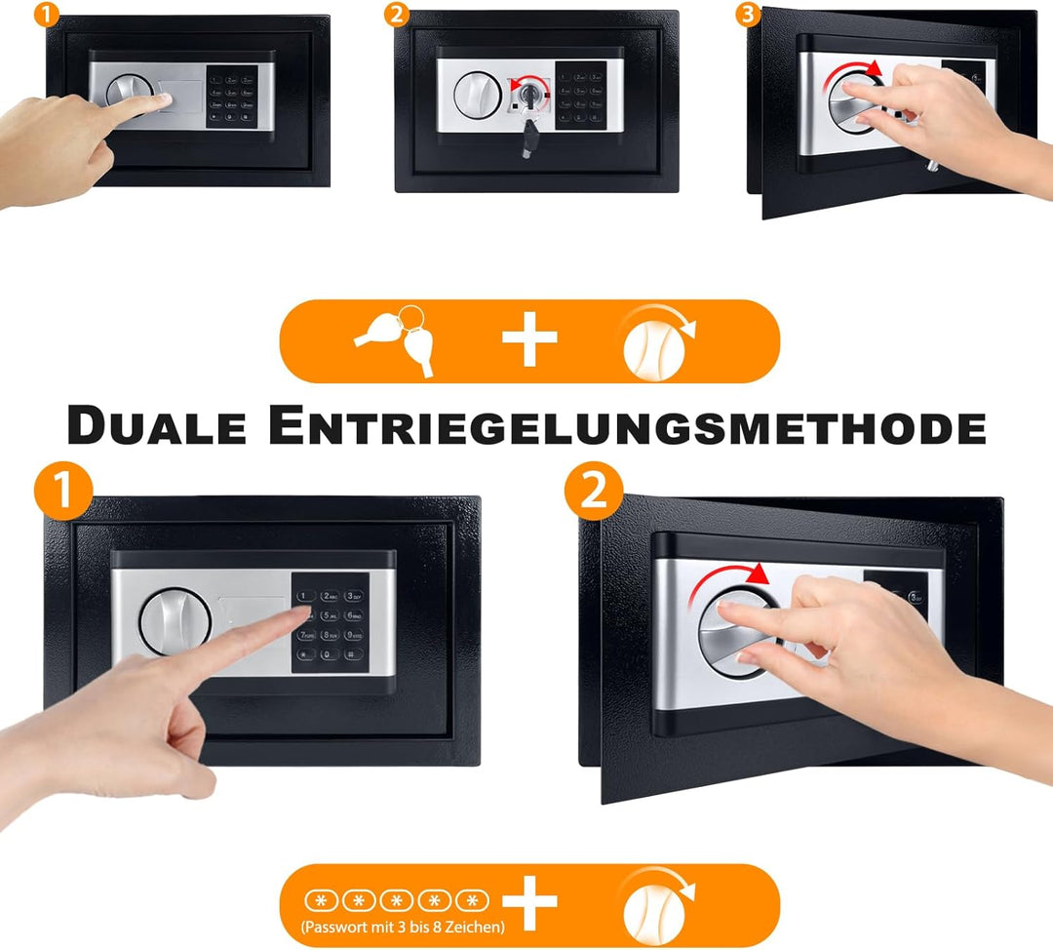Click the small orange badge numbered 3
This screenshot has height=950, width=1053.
point(747,14)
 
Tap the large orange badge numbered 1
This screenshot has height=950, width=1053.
point(62,490)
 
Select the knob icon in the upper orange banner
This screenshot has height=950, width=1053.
point(656,340)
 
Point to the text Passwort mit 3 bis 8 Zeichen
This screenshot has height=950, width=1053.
point(403,926)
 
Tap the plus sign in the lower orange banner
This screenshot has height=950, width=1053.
point(529,902)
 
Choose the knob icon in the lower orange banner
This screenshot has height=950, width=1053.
point(656,904)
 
